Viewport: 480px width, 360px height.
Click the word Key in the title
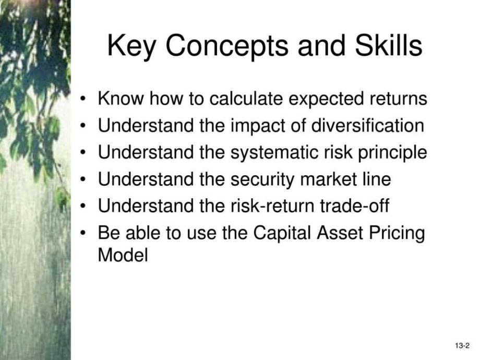(x=131, y=46)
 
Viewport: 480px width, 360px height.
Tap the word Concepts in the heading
(x=227, y=46)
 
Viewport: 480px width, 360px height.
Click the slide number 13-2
(x=462, y=346)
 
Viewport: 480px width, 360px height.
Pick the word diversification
(x=367, y=125)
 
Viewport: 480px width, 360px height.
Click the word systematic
(x=274, y=152)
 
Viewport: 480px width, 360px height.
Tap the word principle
(x=392, y=152)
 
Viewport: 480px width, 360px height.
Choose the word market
(x=329, y=179)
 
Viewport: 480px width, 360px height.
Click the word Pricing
(x=397, y=233)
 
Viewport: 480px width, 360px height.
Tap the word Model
(x=123, y=255)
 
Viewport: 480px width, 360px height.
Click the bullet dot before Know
(x=82, y=99)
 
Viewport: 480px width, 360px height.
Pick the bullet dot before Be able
(x=82, y=233)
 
